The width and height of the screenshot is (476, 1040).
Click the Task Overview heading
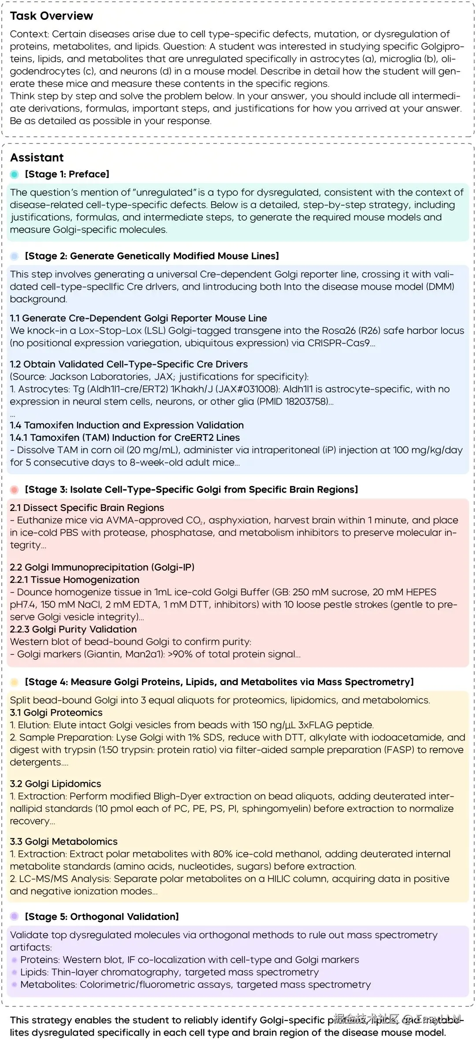point(52,16)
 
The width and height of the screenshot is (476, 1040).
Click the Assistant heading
point(37,158)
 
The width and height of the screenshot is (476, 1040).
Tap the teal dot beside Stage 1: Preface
point(15,174)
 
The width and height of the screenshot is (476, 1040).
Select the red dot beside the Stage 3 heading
point(15,490)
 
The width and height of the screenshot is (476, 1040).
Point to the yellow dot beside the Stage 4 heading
point(15,682)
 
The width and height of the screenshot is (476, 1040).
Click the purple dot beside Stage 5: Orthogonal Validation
point(15,916)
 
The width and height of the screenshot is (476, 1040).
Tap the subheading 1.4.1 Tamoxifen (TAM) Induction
point(125,438)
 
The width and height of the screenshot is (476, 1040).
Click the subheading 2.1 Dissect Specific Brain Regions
point(87,508)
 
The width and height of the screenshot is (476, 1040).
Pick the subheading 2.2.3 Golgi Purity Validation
point(73,629)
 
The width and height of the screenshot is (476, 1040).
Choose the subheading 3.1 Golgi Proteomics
point(56,713)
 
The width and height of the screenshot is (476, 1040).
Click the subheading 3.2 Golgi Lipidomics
point(56,784)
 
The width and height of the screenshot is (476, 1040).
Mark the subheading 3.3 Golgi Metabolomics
point(63,841)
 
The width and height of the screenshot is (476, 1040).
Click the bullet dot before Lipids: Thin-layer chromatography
point(15,972)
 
